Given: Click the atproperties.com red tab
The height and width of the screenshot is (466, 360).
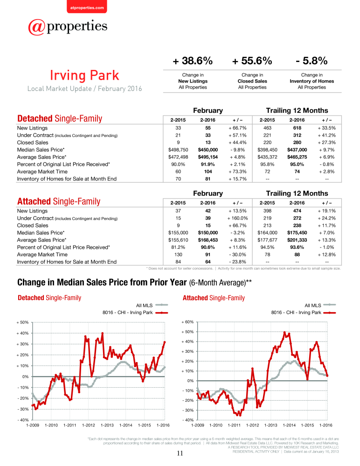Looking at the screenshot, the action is tap(87, 7).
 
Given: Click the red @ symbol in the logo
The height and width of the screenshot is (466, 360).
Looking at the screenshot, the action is tap(36, 27).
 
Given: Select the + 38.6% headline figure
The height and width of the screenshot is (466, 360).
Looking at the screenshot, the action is tap(193, 61).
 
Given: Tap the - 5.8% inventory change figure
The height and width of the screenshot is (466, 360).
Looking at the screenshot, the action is tap(312, 61).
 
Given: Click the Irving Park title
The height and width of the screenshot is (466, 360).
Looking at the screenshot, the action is tap(84, 75).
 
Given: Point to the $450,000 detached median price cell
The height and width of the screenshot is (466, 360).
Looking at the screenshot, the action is tap(208, 150).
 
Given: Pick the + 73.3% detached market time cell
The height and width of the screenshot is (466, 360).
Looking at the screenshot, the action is tap(237, 171).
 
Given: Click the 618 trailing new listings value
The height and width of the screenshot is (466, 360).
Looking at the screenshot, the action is tap(297, 128).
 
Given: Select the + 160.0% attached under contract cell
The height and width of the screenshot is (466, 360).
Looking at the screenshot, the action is tap(237, 218).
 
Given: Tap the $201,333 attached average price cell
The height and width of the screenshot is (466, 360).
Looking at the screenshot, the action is tap(297, 240).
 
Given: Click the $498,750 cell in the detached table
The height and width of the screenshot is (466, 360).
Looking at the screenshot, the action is tap(178, 150).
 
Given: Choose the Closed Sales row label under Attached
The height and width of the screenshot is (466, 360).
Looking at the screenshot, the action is tap(33, 226).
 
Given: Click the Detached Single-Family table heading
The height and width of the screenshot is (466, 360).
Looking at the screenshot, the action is tap(60, 118).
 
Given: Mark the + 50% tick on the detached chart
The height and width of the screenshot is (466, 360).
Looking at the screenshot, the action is tap(22, 322).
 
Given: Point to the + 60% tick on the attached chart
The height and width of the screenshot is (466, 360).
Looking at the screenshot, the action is tap(187, 322).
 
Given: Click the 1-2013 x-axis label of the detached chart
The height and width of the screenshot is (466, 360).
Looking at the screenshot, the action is tap(107, 425).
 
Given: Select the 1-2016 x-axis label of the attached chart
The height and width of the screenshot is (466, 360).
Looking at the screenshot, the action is tap(326, 425).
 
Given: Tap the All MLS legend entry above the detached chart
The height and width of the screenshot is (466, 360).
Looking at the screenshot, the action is tap(152, 305).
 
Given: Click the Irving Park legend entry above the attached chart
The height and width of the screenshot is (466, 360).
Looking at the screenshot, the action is tap(304, 313).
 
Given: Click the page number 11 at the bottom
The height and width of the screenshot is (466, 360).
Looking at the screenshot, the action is tap(180, 453).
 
